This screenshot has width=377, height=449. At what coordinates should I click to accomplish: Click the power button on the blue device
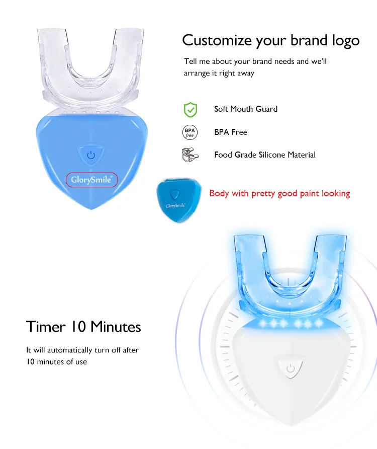91,155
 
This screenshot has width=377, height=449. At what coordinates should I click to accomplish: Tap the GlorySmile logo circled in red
91,180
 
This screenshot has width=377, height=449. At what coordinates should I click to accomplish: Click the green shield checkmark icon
190,109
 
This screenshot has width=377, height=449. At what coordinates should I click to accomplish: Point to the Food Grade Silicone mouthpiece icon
189,155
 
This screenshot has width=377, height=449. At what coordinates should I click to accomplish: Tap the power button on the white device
290,369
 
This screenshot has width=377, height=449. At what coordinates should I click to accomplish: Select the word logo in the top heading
344,41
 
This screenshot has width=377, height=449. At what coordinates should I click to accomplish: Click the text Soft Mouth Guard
245,109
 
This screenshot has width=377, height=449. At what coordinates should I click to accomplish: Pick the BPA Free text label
230,132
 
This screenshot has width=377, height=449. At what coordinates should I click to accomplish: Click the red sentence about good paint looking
279,193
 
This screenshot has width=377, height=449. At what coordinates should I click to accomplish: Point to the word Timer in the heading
45,327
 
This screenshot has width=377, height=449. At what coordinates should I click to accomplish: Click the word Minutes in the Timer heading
113,327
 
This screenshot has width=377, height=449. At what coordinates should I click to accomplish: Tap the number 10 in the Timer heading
75,327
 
